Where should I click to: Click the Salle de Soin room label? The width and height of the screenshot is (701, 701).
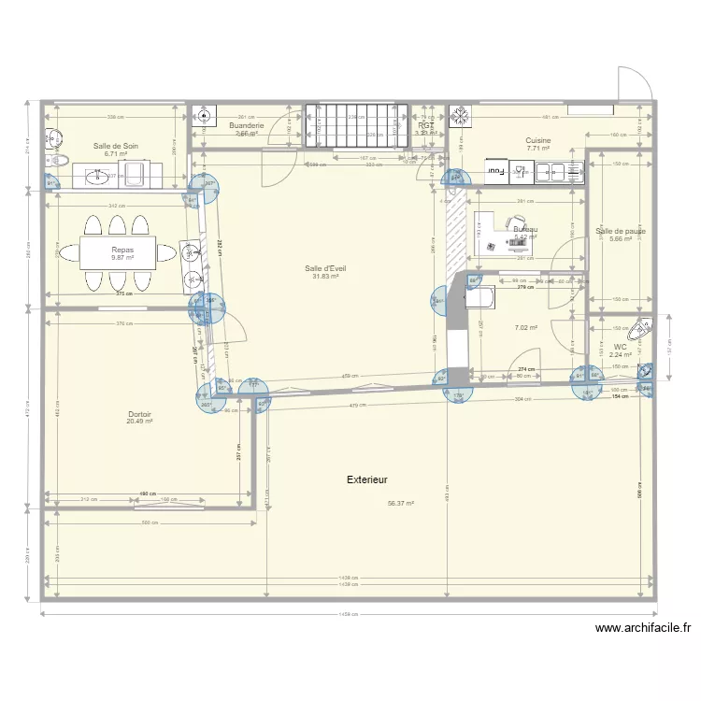point(116,146)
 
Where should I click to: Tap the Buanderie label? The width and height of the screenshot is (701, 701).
point(246,125)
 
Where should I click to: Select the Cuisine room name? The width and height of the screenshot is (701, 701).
point(537,140)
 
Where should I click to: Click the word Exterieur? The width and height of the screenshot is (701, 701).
point(366,479)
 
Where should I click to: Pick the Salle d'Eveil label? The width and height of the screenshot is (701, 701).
point(325,268)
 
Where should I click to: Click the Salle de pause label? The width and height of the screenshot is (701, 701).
point(621,231)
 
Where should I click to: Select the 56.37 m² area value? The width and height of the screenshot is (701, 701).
point(400,503)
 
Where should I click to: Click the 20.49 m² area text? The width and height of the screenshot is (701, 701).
point(139,422)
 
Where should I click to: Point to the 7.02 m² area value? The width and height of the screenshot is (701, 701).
point(526,328)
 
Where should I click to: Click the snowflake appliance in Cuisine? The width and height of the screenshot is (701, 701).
point(461,116)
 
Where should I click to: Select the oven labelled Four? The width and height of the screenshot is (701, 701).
point(495,171)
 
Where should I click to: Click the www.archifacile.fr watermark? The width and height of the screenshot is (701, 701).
point(642,629)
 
